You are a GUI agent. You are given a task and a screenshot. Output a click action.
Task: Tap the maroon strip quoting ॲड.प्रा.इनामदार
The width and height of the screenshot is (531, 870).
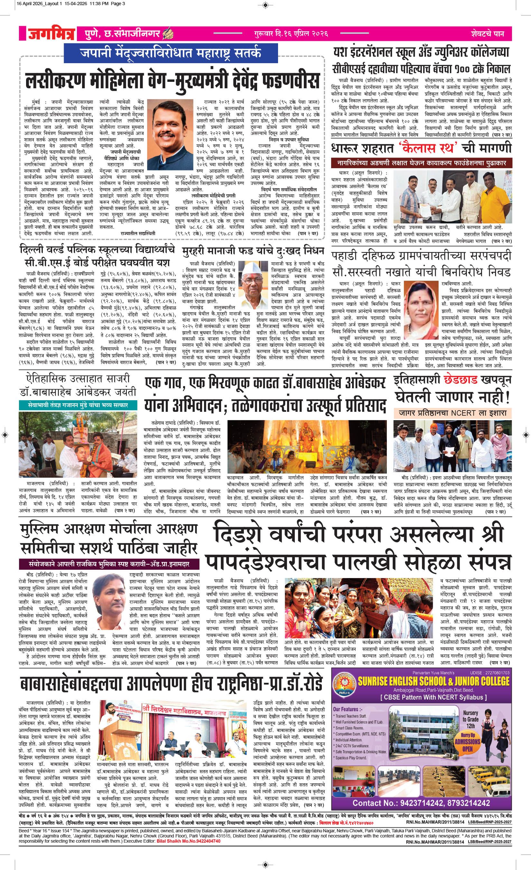[109, 563]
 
